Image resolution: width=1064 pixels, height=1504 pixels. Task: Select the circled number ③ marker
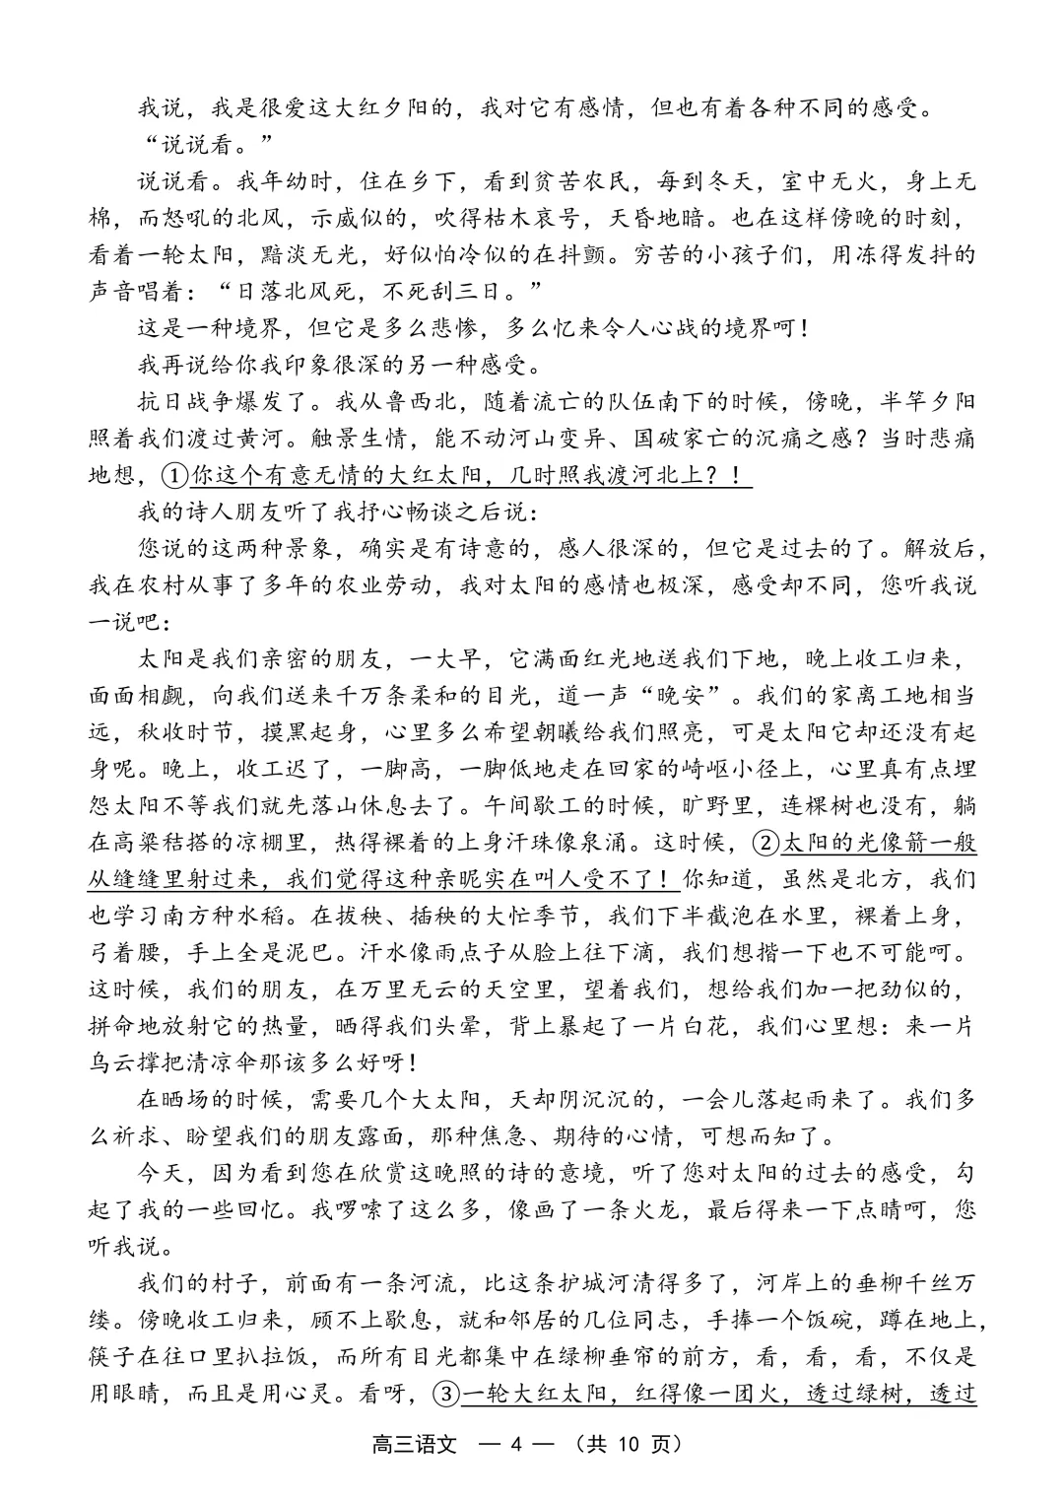point(446,1394)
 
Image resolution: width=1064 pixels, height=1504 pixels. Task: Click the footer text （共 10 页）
point(630,1445)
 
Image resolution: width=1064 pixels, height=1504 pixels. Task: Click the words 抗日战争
point(186,403)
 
